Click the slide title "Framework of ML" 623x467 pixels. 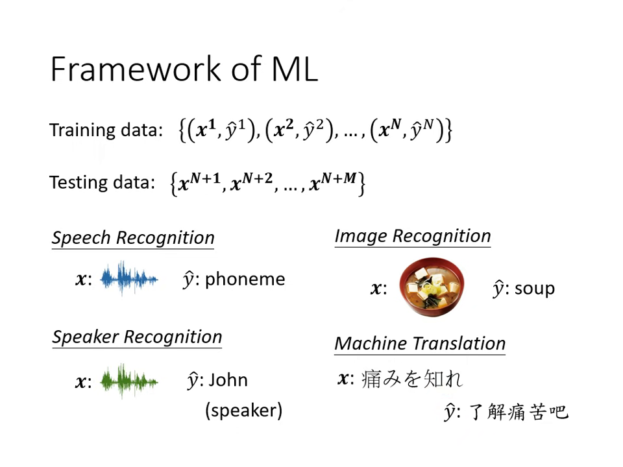point(184,69)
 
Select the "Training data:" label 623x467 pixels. point(106,130)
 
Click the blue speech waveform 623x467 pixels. point(129,280)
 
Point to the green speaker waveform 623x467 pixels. point(129,381)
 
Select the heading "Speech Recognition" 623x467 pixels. point(133,237)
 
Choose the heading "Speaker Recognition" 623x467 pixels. point(137,337)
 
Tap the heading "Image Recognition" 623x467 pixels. point(413,236)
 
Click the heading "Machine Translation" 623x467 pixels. point(420,344)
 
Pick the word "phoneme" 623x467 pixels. point(245,280)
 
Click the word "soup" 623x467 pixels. point(534,288)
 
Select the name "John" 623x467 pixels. point(227,380)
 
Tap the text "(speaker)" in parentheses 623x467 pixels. point(243,411)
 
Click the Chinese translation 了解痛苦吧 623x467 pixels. point(518,412)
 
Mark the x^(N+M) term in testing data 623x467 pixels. point(332,183)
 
